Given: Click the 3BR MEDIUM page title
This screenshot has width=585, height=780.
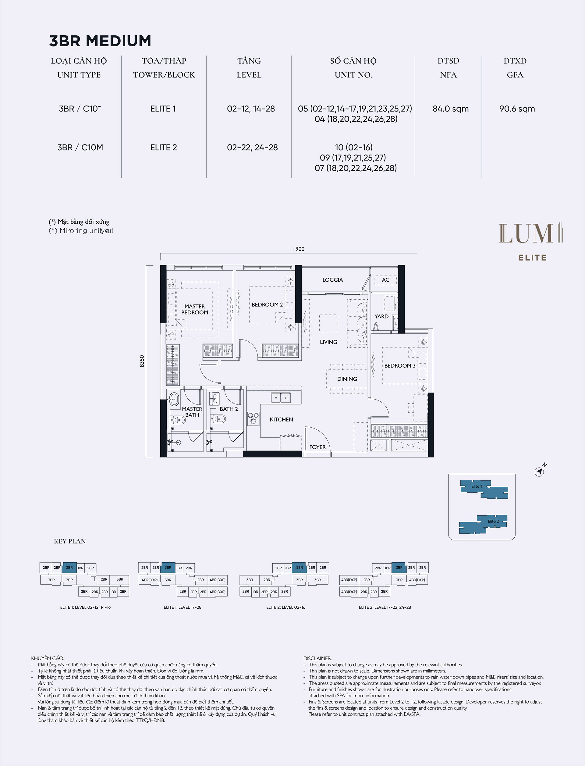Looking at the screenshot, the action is pyautogui.click(x=100, y=41).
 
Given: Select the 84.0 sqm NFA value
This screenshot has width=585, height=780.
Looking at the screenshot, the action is pyautogui.click(x=450, y=109).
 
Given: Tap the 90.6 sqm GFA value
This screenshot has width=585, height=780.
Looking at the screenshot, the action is pyautogui.click(x=517, y=109).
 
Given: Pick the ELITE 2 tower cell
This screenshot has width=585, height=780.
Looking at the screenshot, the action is pyautogui.click(x=164, y=148).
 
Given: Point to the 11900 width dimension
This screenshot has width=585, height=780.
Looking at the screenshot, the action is pyautogui.click(x=297, y=249).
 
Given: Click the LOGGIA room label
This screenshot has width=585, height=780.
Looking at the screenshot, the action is pyautogui.click(x=332, y=280).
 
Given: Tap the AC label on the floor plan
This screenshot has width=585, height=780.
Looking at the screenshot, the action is pyautogui.click(x=385, y=280).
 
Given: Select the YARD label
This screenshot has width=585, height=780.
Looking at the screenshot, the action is pyautogui.click(x=381, y=316).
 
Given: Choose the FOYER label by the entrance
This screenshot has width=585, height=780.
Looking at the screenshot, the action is pyautogui.click(x=317, y=447).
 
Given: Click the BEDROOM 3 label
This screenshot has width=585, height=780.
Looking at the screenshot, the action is pyautogui.click(x=400, y=366).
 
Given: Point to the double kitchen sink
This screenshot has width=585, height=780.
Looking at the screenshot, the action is pyautogui.click(x=281, y=397).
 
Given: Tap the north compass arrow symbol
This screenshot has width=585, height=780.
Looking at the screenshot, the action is pyautogui.click(x=540, y=472).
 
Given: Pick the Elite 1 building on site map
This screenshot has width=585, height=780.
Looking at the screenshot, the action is pyautogui.click(x=484, y=489).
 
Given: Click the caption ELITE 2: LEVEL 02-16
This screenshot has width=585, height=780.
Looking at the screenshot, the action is pyautogui.click(x=286, y=607).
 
